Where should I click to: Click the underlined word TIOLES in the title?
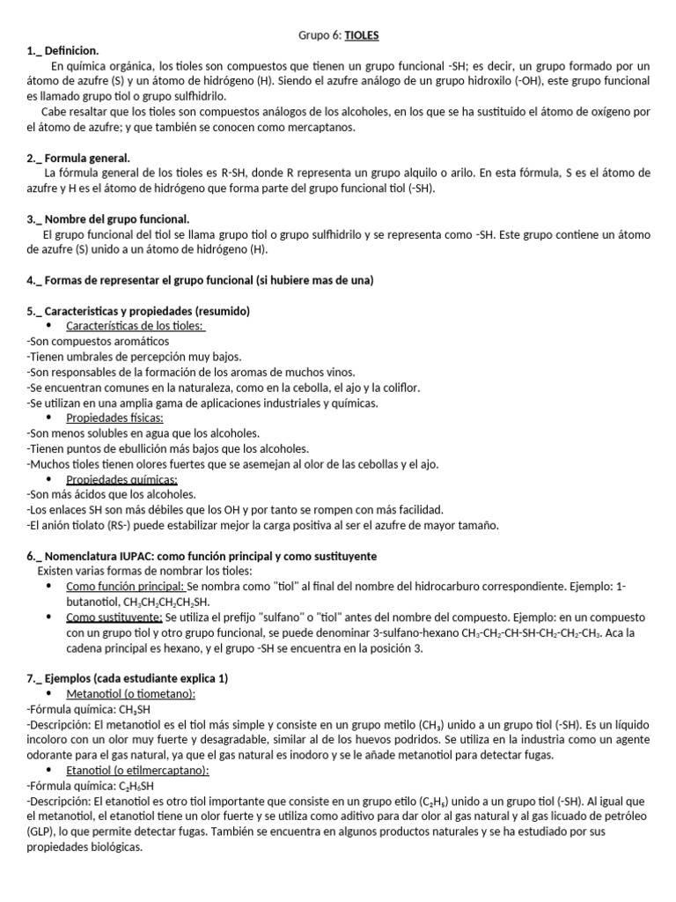(x=362, y=35)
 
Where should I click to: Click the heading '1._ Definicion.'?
(x=63, y=51)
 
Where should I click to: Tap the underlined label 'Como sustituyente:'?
(x=114, y=617)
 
